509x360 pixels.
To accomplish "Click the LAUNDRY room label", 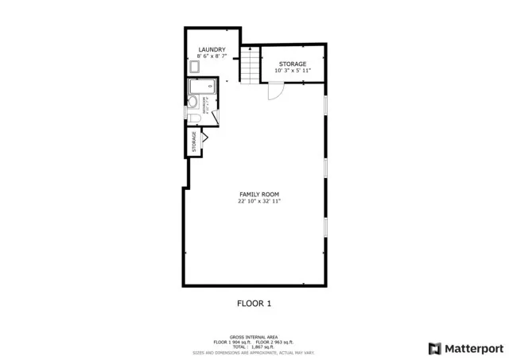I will pyautogui.click(x=212, y=50).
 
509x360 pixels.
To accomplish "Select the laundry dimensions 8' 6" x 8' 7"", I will pyautogui.click(x=212, y=56).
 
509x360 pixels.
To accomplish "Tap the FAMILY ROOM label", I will pyautogui.click(x=259, y=195).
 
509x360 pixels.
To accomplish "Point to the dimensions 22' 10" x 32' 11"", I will pyautogui.click(x=259, y=202).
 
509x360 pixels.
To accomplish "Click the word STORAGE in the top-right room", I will pyautogui.click(x=293, y=64).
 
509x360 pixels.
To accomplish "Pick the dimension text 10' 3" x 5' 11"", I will pyautogui.click(x=293, y=71).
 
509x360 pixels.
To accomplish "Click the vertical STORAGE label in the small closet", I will pyautogui.click(x=194, y=142).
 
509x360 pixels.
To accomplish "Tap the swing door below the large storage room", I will pyautogui.click(x=275, y=92).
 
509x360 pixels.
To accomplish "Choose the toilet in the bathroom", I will pyautogui.click(x=194, y=118).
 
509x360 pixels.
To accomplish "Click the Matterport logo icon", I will pyautogui.click(x=433, y=348).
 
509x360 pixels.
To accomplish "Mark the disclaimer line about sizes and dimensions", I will pyautogui.click(x=254, y=352).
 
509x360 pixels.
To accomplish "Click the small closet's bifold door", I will pyautogui.click(x=205, y=137).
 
